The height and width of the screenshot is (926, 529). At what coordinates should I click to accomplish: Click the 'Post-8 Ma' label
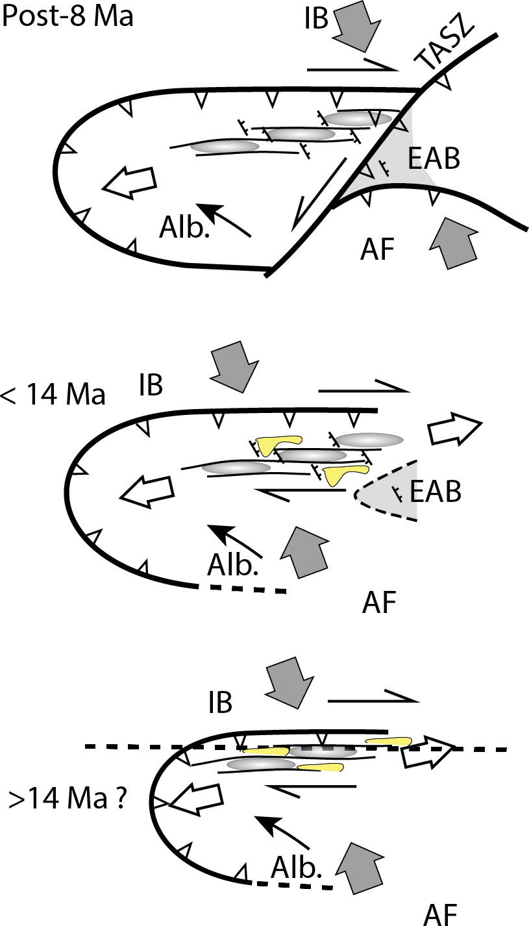point(68,16)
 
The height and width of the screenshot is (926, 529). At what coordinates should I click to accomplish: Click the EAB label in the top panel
point(434,158)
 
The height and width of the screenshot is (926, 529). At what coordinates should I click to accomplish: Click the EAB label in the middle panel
point(436,492)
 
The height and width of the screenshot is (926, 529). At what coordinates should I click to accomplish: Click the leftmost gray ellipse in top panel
point(225,146)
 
